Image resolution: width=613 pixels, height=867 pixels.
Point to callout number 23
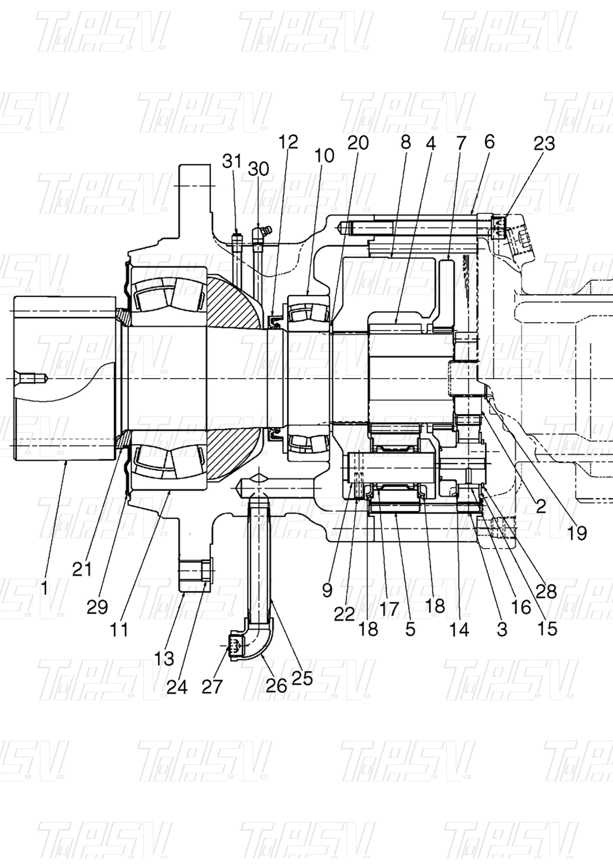544,144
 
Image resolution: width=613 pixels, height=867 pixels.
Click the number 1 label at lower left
44,588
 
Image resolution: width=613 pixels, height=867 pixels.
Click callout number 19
577,533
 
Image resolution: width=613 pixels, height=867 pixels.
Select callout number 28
546,591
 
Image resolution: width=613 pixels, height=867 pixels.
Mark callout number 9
328,590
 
